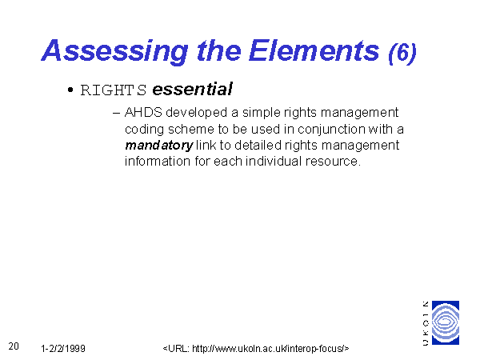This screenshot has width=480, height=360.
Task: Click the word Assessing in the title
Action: pyautogui.click(x=114, y=51)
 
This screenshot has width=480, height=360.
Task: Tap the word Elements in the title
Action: pyautogui.click(x=314, y=50)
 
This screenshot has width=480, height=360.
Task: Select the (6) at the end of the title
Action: pyautogui.click(x=402, y=54)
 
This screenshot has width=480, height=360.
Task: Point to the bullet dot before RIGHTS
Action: pyautogui.click(x=70, y=90)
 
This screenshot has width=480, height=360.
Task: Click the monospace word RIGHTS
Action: pyautogui.click(x=114, y=90)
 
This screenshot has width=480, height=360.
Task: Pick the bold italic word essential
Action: pyautogui.click(x=192, y=89)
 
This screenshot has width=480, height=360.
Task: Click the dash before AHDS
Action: pyautogui.click(x=116, y=113)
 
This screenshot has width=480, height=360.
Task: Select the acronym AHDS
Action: pyautogui.click(x=143, y=112)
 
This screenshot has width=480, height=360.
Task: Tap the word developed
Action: pyautogui.click(x=197, y=113)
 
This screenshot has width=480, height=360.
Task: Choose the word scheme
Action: pyautogui.click(x=190, y=129)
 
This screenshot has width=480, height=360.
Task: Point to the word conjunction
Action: pyautogui.click(x=331, y=130)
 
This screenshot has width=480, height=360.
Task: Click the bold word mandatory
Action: pyautogui.click(x=159, y=146)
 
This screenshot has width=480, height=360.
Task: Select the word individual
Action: pyautogui.click(x=274, y=161)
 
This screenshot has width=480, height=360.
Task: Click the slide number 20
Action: pyautogui.click(x=14, y=346)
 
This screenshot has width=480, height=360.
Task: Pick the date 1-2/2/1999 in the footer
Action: pyautogui.click(x=63, y=348)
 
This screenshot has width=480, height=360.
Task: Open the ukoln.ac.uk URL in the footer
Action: pyautogui.click(x=256, y=348)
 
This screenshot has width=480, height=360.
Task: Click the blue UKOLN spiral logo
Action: pyautogui.click(x=446, y=322)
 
